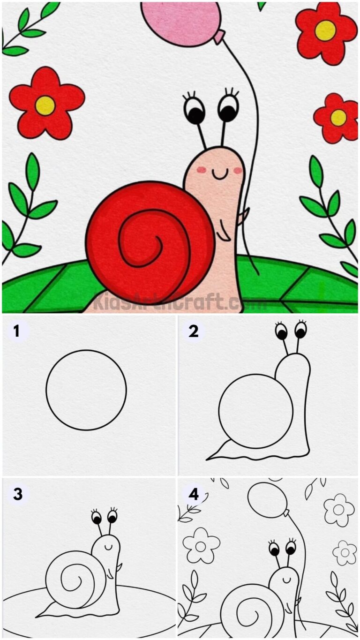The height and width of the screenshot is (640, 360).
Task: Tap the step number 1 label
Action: (x=17, y=331)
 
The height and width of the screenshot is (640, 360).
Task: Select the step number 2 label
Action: (x=194, y=331)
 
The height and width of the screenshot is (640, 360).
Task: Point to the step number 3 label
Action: (x=18, y=494)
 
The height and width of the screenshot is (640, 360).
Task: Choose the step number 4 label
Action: (x=194, y=494)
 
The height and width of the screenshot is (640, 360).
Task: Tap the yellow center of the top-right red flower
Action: (x=325, y=30)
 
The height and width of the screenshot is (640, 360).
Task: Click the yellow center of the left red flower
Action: (x=45, y=105)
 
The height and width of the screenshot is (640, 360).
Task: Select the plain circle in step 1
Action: (x=86, y=390)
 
